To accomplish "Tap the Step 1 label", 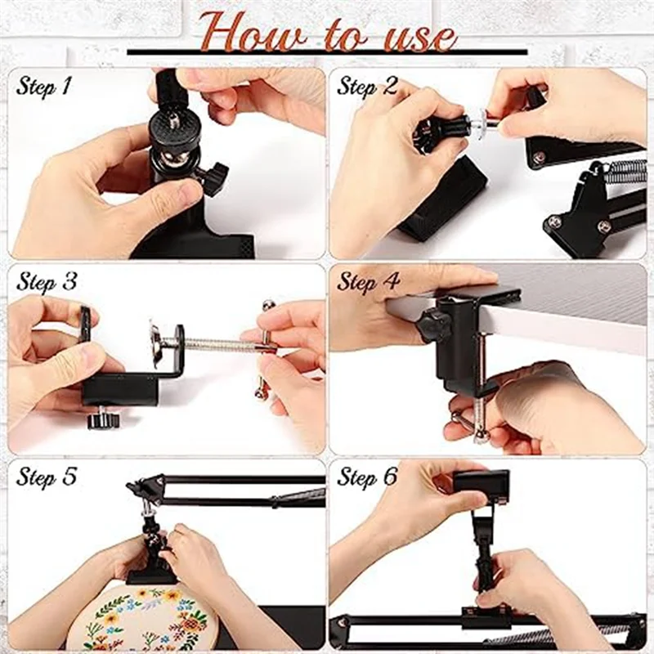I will pyautogui.click(x=46, y=86).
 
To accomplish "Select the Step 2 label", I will pyautogui.click(x=368, y=85).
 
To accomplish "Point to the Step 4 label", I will pyautogui.click(x=368, y=281).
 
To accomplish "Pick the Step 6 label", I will pyautogui.click(x=368, y=477).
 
